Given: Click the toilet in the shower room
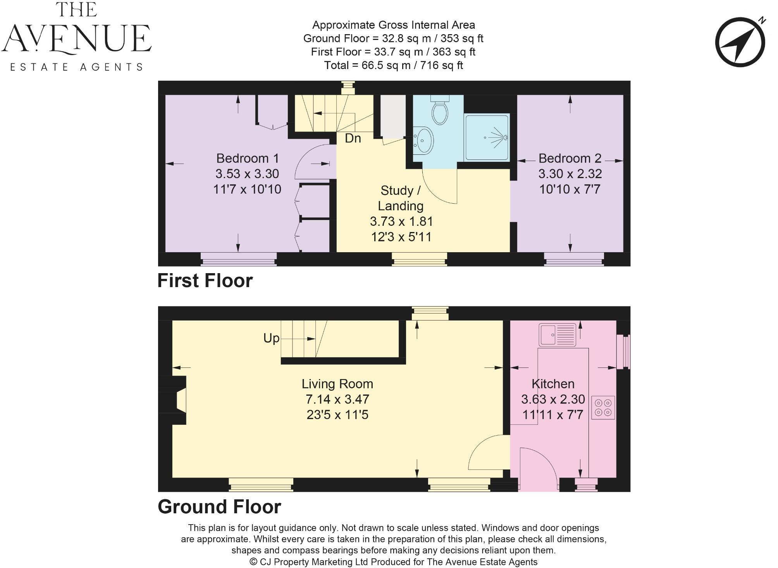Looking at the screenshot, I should [440, 110].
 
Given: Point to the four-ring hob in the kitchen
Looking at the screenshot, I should [603, 407].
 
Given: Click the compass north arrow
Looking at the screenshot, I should [740, 42].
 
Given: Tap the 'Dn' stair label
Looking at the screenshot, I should [353, 139].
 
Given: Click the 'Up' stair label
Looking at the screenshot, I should [271, 338].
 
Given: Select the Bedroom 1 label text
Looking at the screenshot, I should [247, 158].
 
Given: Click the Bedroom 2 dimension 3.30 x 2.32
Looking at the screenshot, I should [570, 174].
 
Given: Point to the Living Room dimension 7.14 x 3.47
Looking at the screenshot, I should [337, 399].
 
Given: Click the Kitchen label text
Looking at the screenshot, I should [553, 384].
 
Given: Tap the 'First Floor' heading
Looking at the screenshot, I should [205, 281].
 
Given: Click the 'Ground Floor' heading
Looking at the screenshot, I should [219, 507].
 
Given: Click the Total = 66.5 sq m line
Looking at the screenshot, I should [393, 65].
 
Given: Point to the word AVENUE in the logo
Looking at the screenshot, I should [76, 39].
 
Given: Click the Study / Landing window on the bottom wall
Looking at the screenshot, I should [419, 259].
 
